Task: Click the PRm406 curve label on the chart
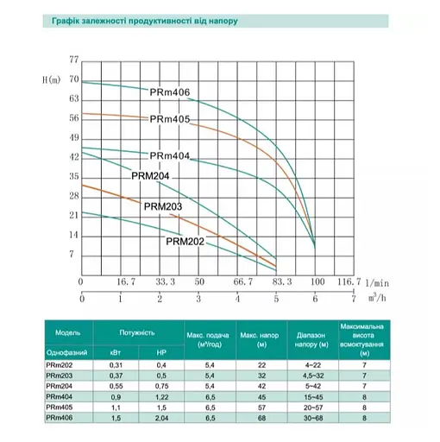(x=169, y=92)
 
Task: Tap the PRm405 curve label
(x=169, y=120)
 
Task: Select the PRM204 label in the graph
(x=151, y=175)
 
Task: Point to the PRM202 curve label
(x=185, y=242)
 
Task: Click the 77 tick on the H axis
(x=72, y=60)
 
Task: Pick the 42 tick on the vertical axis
(x=72, y=156)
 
